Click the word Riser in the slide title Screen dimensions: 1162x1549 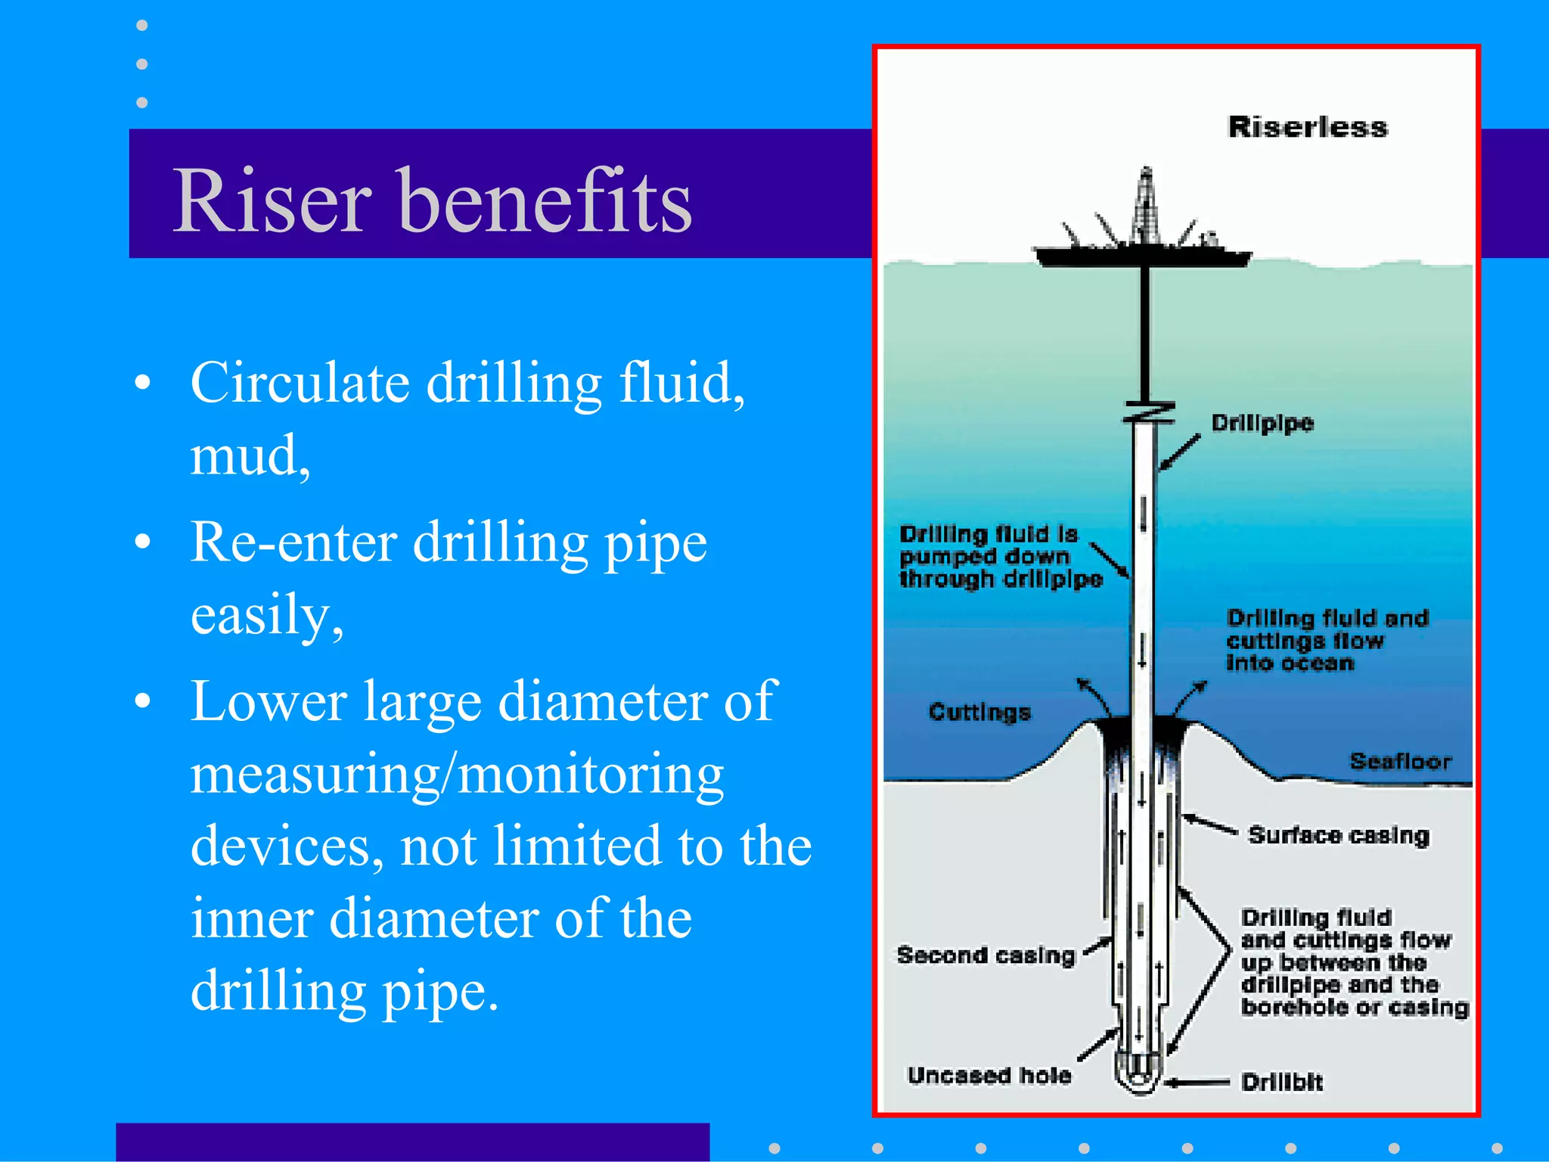[272, 200]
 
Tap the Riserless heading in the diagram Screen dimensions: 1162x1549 [1308, 127]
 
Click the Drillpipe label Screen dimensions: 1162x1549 [1262, 423]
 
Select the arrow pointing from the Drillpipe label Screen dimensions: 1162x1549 [1180, 452]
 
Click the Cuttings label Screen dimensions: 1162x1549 [979, 713]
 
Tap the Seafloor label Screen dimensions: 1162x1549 [1401, 761]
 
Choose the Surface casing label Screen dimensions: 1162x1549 [1339, 835]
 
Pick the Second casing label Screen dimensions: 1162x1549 [986, 955]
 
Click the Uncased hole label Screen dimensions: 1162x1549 [989, 1076]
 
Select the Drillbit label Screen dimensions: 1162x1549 [1282, 1083]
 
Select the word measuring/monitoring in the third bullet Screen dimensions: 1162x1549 [457, 775]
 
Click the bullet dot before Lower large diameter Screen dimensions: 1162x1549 [142, 701]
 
